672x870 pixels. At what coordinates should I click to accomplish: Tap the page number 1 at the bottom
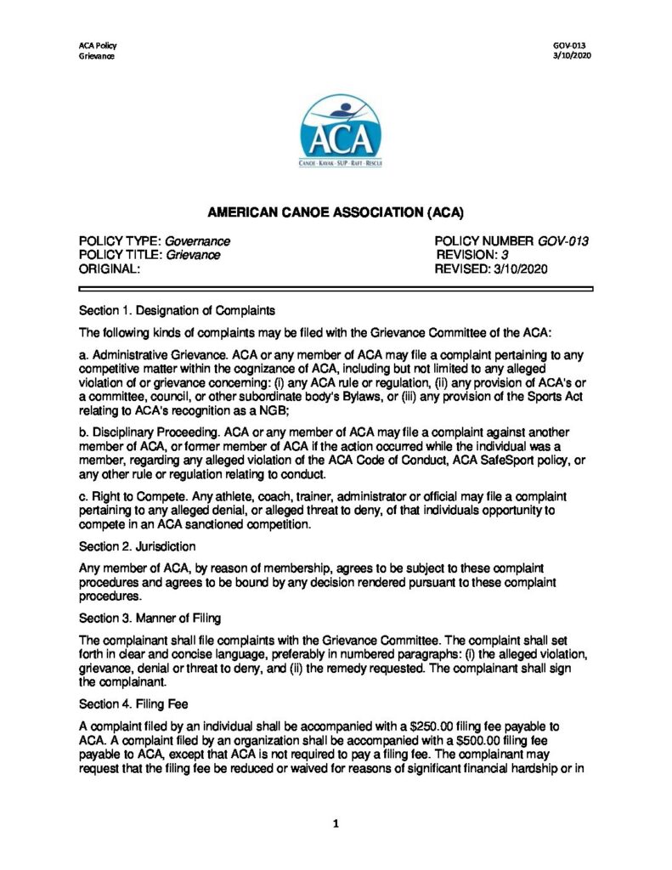click(336, 823)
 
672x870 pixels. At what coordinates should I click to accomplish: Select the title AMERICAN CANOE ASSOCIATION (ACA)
click(336, 212)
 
